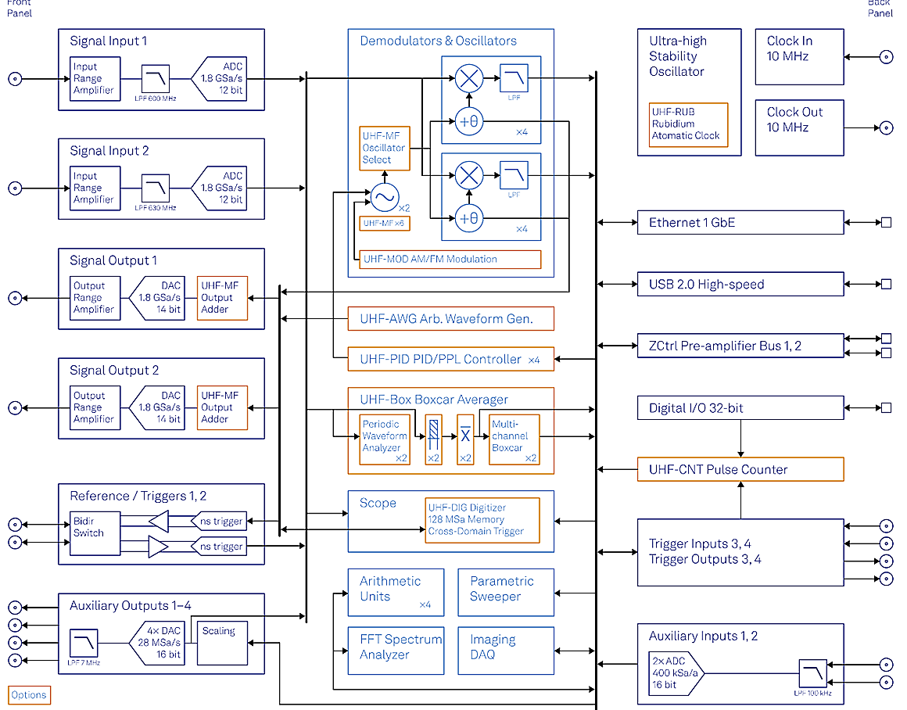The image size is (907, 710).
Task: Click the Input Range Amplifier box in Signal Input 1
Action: tap(94, 78)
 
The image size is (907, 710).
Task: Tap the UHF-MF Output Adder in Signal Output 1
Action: tap(223, 297)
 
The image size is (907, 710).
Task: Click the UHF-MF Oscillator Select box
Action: tap(384, 148)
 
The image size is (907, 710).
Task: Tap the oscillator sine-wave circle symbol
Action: tap(384, 198)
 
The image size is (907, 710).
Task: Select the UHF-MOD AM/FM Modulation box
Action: tap(450, 260)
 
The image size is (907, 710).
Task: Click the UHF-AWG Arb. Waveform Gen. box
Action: tap(450, 318)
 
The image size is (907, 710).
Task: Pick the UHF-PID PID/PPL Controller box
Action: tap(450, 359)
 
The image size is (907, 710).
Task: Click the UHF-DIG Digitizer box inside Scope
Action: tap(482, 520)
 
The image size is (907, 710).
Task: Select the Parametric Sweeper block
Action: tap(506, 589)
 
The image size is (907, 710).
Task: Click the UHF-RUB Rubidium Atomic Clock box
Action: tap(688, 125)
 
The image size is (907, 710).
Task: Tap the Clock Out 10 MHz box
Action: tap(799, 127)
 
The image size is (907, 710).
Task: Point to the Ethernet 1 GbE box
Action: tap(740, 222)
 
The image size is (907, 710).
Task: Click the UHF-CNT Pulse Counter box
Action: tap(740, 469)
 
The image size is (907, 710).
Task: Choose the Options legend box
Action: tap(29, 695)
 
